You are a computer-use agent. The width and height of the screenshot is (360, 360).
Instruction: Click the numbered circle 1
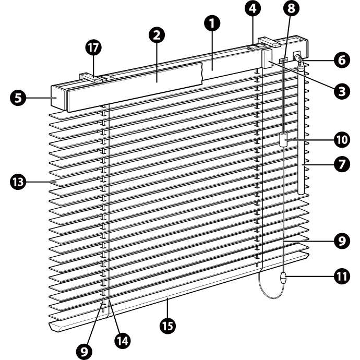click(212, 23)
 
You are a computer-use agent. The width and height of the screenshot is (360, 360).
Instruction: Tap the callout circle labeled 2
click(157, 35)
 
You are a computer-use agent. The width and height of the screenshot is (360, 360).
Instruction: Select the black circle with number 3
click(342, 91)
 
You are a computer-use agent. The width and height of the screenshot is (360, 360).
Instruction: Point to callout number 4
click(253, 8)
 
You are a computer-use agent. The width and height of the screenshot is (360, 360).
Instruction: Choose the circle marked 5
click(18, 98)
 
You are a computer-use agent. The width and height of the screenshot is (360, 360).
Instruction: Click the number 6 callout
click(342, 60)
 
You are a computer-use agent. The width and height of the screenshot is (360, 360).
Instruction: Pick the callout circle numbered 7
click(342, 164)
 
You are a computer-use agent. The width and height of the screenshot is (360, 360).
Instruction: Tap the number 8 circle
click(291, 8)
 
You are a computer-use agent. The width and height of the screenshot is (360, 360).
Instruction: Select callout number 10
click(342, 140)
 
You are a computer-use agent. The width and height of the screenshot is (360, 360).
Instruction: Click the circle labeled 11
click(342, 277)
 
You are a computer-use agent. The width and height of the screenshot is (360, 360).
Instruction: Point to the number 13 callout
click(18, 182)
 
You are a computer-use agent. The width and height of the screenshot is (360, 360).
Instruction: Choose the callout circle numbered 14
click(123, 341)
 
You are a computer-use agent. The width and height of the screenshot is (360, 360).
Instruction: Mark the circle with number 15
click(168, 326)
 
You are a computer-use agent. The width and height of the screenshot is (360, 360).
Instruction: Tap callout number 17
click(93, 47)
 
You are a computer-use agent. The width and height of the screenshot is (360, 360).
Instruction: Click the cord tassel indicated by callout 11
click(283, 278)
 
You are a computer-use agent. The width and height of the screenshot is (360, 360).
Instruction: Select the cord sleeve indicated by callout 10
click(283, 140)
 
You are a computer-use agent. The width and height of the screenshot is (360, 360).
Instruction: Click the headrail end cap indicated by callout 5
click(58, 97)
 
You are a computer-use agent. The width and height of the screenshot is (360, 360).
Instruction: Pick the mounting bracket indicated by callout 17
click(91, 78)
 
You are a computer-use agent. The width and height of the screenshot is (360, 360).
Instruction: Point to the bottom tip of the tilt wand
click(301, 194)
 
